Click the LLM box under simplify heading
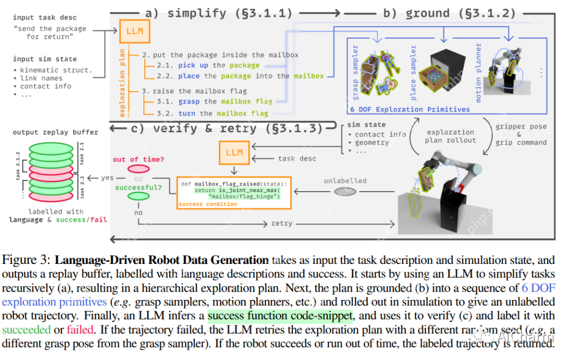click(135, 31)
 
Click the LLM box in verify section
click(234, 152)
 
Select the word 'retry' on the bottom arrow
click(281, 223)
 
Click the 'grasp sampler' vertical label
click(355, 73)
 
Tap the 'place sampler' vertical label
click(414, 73)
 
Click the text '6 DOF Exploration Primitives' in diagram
click(410, 109)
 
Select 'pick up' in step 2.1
click(194, 65)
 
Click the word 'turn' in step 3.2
click(187, 113)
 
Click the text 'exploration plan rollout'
click(450, 136)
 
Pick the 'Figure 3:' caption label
click(27, 261)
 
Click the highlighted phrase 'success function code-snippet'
click(280, 316)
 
